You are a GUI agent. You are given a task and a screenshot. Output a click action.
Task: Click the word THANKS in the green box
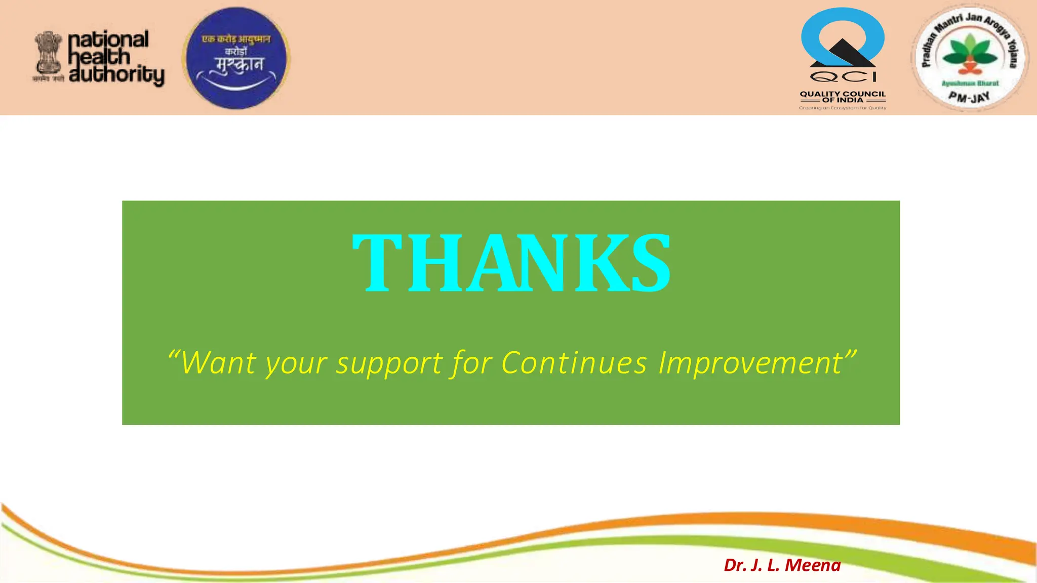click(x=511, y=263)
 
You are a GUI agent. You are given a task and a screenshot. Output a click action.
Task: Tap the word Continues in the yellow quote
click(x=574, y=363)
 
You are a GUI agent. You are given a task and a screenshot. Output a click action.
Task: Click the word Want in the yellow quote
click(x=219, y=363)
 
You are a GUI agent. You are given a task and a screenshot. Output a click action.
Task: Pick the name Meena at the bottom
click(x=813, y=565)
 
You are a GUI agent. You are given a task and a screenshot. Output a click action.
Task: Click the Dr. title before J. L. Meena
click(x=736, y=565)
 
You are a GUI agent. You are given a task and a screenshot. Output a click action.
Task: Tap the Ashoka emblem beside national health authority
click(x=48, y=55)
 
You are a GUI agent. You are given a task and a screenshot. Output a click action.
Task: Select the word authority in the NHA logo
click(x=116, y=75)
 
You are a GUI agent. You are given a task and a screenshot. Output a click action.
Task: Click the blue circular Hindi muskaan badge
click(x=236, y=58)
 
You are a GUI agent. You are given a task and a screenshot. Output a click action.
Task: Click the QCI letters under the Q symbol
click(x=843, y=77)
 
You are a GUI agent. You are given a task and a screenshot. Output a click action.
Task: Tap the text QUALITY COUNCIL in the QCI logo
click(x=843, y=94)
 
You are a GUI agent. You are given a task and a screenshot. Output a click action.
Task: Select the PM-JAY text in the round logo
click(x=969, y=96)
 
